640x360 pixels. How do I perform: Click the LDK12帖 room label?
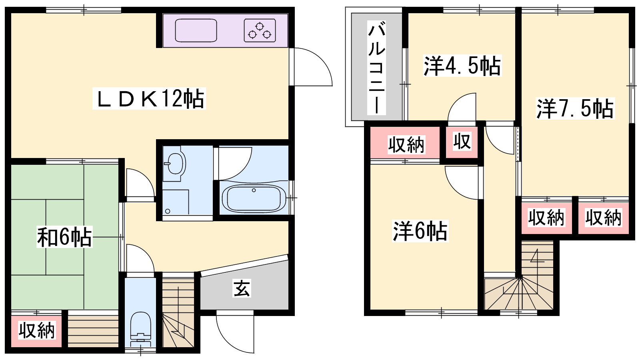149,99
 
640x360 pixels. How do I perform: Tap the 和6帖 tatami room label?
64,236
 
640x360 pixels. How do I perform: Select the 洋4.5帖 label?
462,66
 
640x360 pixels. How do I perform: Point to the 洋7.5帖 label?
575,108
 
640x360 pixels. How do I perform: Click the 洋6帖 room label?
420,231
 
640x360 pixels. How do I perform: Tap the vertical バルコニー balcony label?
376,68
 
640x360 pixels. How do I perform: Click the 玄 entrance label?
242,288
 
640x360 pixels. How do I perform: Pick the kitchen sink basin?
196,30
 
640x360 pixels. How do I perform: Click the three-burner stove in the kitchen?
260,30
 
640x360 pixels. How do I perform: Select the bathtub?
254,198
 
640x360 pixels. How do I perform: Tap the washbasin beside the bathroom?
175,164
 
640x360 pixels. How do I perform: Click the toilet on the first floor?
140,328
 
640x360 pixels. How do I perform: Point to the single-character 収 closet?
462,142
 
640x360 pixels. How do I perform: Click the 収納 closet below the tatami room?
36,331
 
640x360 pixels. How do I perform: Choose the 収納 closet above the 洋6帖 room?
405,142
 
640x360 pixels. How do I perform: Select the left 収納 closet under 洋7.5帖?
546,218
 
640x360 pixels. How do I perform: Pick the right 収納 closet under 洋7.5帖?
604,218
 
